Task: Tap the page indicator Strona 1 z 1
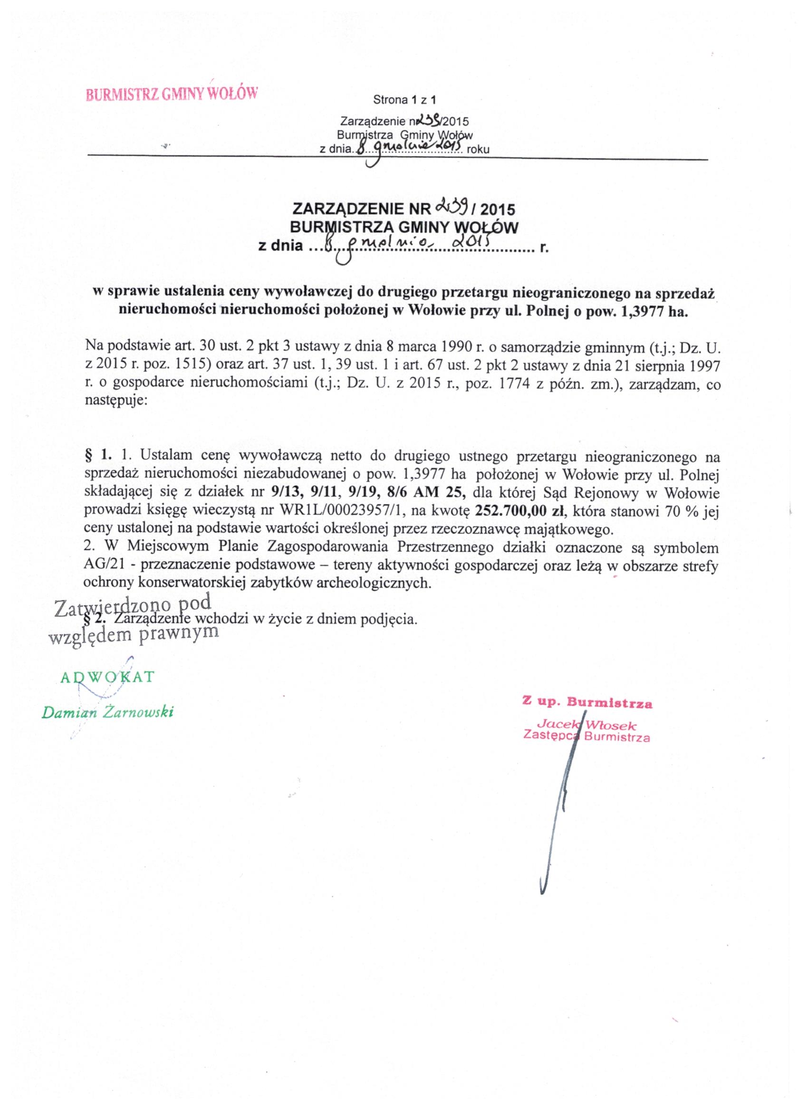tap(404, 100)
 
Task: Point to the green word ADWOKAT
tap(106, 678)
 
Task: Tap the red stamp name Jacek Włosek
tap(587, 725)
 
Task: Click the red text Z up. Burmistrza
tap(587, 703)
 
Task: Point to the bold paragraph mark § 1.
tap(99, 455)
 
